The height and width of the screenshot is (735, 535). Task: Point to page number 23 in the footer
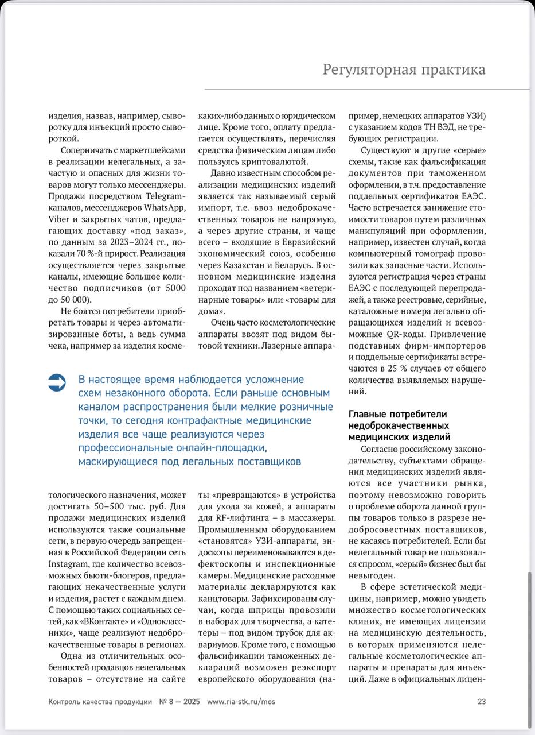click(x=481, y=702)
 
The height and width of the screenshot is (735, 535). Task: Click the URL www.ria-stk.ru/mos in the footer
click(x=241, y=702)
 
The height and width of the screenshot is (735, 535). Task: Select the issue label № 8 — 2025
click(x=179, y=702)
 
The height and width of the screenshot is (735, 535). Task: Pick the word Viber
click(x=59, y=219)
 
